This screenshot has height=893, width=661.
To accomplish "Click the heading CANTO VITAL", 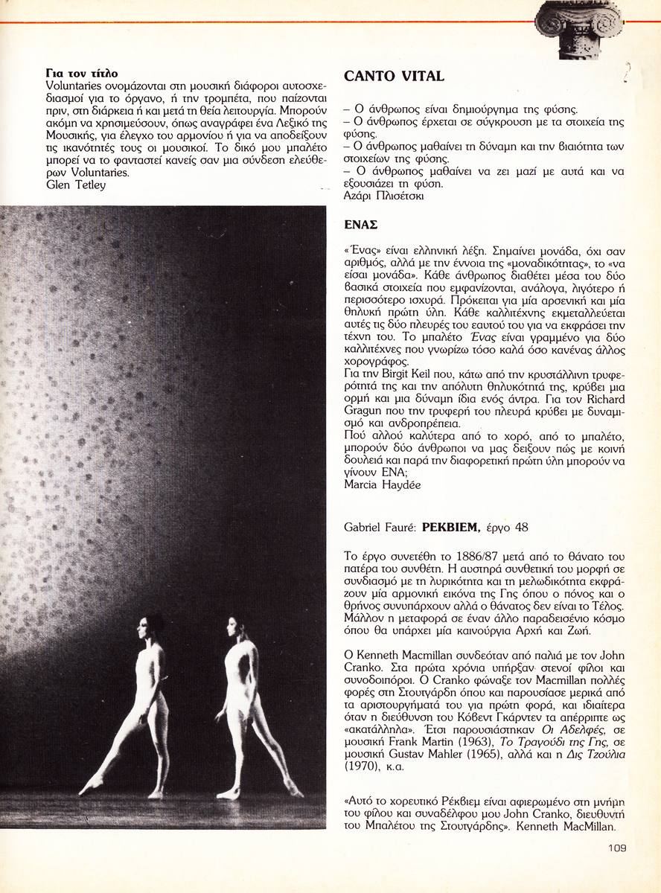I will pos(394,76).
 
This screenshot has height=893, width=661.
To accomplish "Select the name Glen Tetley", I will pos(75,185).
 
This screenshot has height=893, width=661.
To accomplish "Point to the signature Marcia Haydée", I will pos(382,484).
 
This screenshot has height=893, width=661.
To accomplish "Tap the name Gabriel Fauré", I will pos(380,528).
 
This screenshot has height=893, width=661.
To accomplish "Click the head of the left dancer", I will pos(153,627).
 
